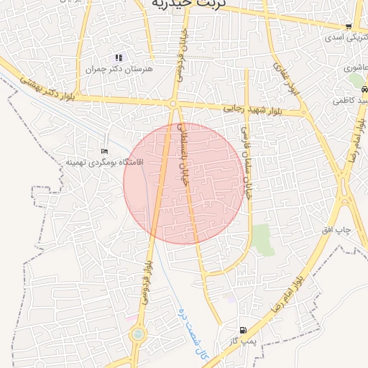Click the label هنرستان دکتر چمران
110,69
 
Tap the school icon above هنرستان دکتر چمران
119,57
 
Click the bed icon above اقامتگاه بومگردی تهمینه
105,152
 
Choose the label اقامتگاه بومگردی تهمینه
105,162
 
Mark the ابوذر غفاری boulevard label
285,78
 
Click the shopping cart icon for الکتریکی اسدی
349,27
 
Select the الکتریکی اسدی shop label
344,37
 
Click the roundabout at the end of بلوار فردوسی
137,334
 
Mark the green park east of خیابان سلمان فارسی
262,239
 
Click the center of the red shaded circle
183,183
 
